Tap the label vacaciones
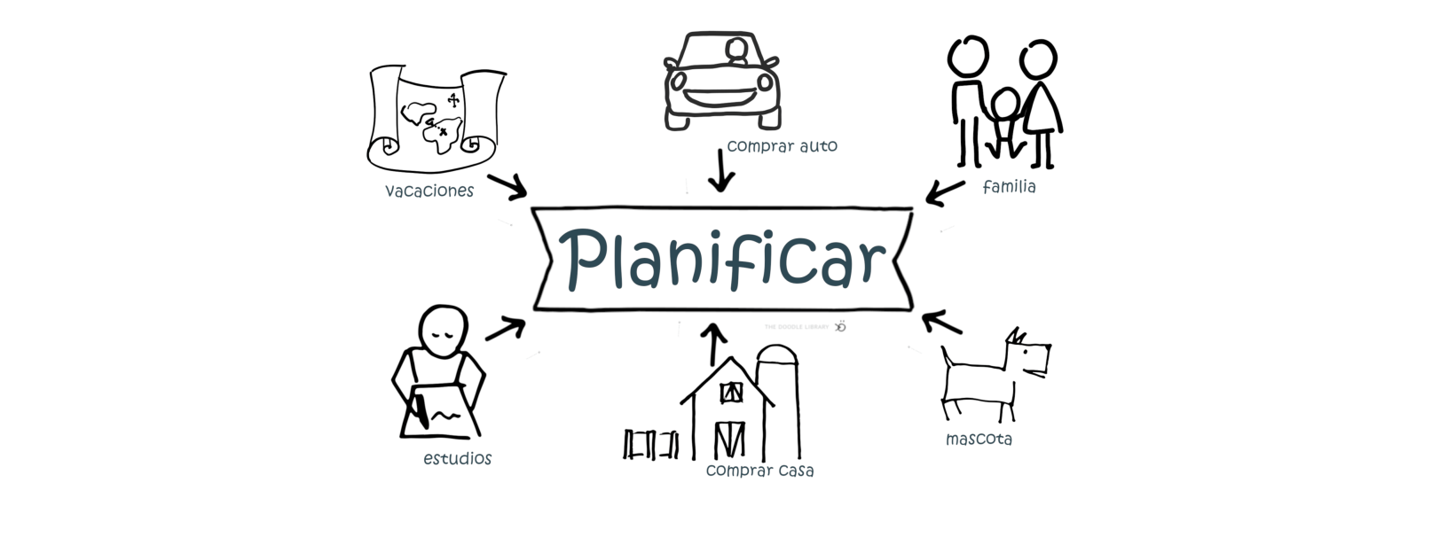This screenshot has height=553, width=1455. pyautogui.click(x=429, y=191)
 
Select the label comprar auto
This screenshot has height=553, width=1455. pyautogui.click(x=782, y=145)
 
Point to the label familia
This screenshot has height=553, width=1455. pyautogui.click(x=1009, y=187)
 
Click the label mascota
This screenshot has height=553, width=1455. pyautogui.click(x=979, y=439)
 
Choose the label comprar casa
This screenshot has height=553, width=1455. pyautogui.click(x=759, y=471)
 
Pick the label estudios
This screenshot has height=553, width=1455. pyautogui.click(x=457, y=458)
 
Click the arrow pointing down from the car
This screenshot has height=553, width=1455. pyautogui.click(x=721, y=170)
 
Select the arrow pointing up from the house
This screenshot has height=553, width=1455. pyautogui.click(x=713, y=345)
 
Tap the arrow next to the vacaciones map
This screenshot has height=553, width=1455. pyautogui.click(x=507, y=186)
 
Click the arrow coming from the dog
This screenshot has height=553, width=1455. pyautogui.click(x=941, y=322)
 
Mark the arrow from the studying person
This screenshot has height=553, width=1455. pyautogui.click(x=506, y=329)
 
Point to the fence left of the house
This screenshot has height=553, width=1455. pyautogui.click(x=651, y=443)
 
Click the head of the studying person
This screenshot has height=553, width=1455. pyautogui.click(x=442, y=329)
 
